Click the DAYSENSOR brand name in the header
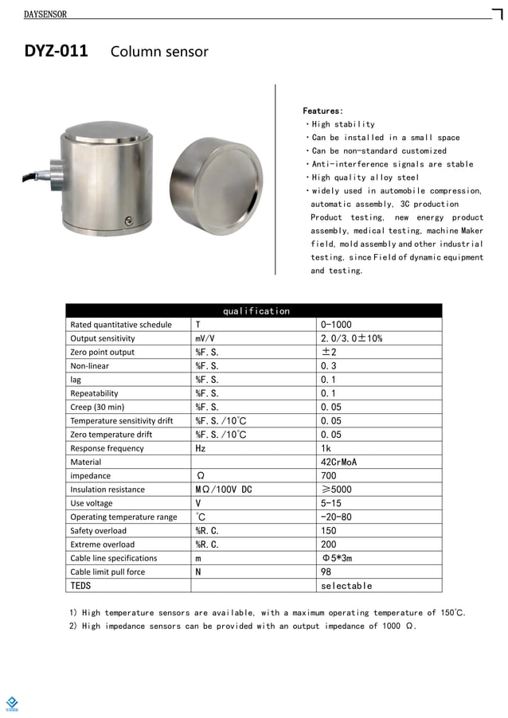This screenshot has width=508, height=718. (45, 14)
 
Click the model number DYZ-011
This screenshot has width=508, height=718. (56, 52)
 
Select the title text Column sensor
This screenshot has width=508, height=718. (159, 52)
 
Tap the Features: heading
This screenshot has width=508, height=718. (323, 111)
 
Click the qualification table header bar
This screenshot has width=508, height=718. (253, 310)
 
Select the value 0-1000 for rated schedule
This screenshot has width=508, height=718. (336, 325)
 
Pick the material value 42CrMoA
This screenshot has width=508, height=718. (338, 462)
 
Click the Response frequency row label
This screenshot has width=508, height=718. (107, 448)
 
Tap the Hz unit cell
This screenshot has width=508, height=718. (201, 448)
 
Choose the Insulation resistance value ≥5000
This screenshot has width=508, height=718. (335, 490)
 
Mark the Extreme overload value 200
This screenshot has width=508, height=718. (328, 544)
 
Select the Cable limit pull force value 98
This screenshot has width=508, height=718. (326, 572)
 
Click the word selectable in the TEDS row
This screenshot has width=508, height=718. (346, 586)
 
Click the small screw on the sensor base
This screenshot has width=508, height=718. (127, 220)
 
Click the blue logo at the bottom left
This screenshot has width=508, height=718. (12, 702)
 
